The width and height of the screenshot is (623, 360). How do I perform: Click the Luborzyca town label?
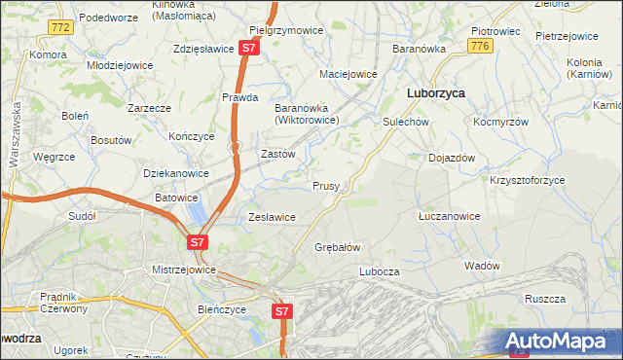pos(434,92)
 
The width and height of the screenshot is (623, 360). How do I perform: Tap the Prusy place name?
pos(325,185)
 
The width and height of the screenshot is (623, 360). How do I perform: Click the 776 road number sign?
pos(478,46)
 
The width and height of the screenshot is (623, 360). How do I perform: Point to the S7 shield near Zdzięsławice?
pos(249,47)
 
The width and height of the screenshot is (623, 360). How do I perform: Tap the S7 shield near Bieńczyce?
pos(280,311)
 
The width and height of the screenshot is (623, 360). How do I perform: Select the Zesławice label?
pos(272,217)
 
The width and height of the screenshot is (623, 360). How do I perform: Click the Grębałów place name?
pos(338,247)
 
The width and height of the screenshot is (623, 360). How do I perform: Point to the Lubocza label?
pos(380,271)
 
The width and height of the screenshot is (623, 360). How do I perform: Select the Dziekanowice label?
pos(176,173)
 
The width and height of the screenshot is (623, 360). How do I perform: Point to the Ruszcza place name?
pos(544,300)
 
